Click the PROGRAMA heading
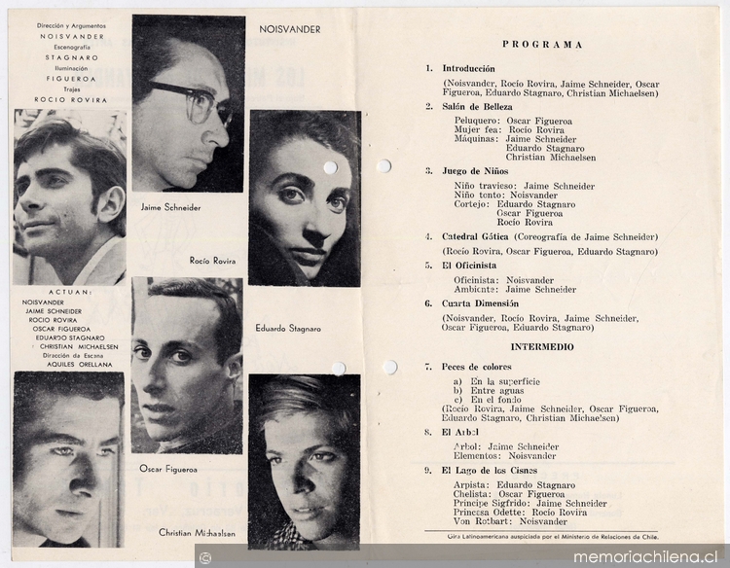(542, 45)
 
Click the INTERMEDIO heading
(542, 347)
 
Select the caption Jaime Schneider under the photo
(171, 208)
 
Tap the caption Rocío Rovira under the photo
(213, 261)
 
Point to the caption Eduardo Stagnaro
(287, 329)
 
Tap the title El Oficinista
(469, 265)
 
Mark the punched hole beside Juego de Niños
(383, 165)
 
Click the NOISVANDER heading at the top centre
(290, 29)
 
